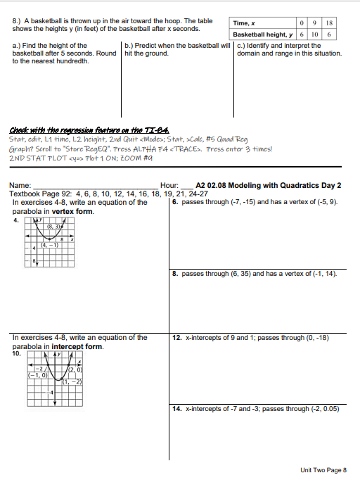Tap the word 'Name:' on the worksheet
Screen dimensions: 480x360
click(x=20, y=185)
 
